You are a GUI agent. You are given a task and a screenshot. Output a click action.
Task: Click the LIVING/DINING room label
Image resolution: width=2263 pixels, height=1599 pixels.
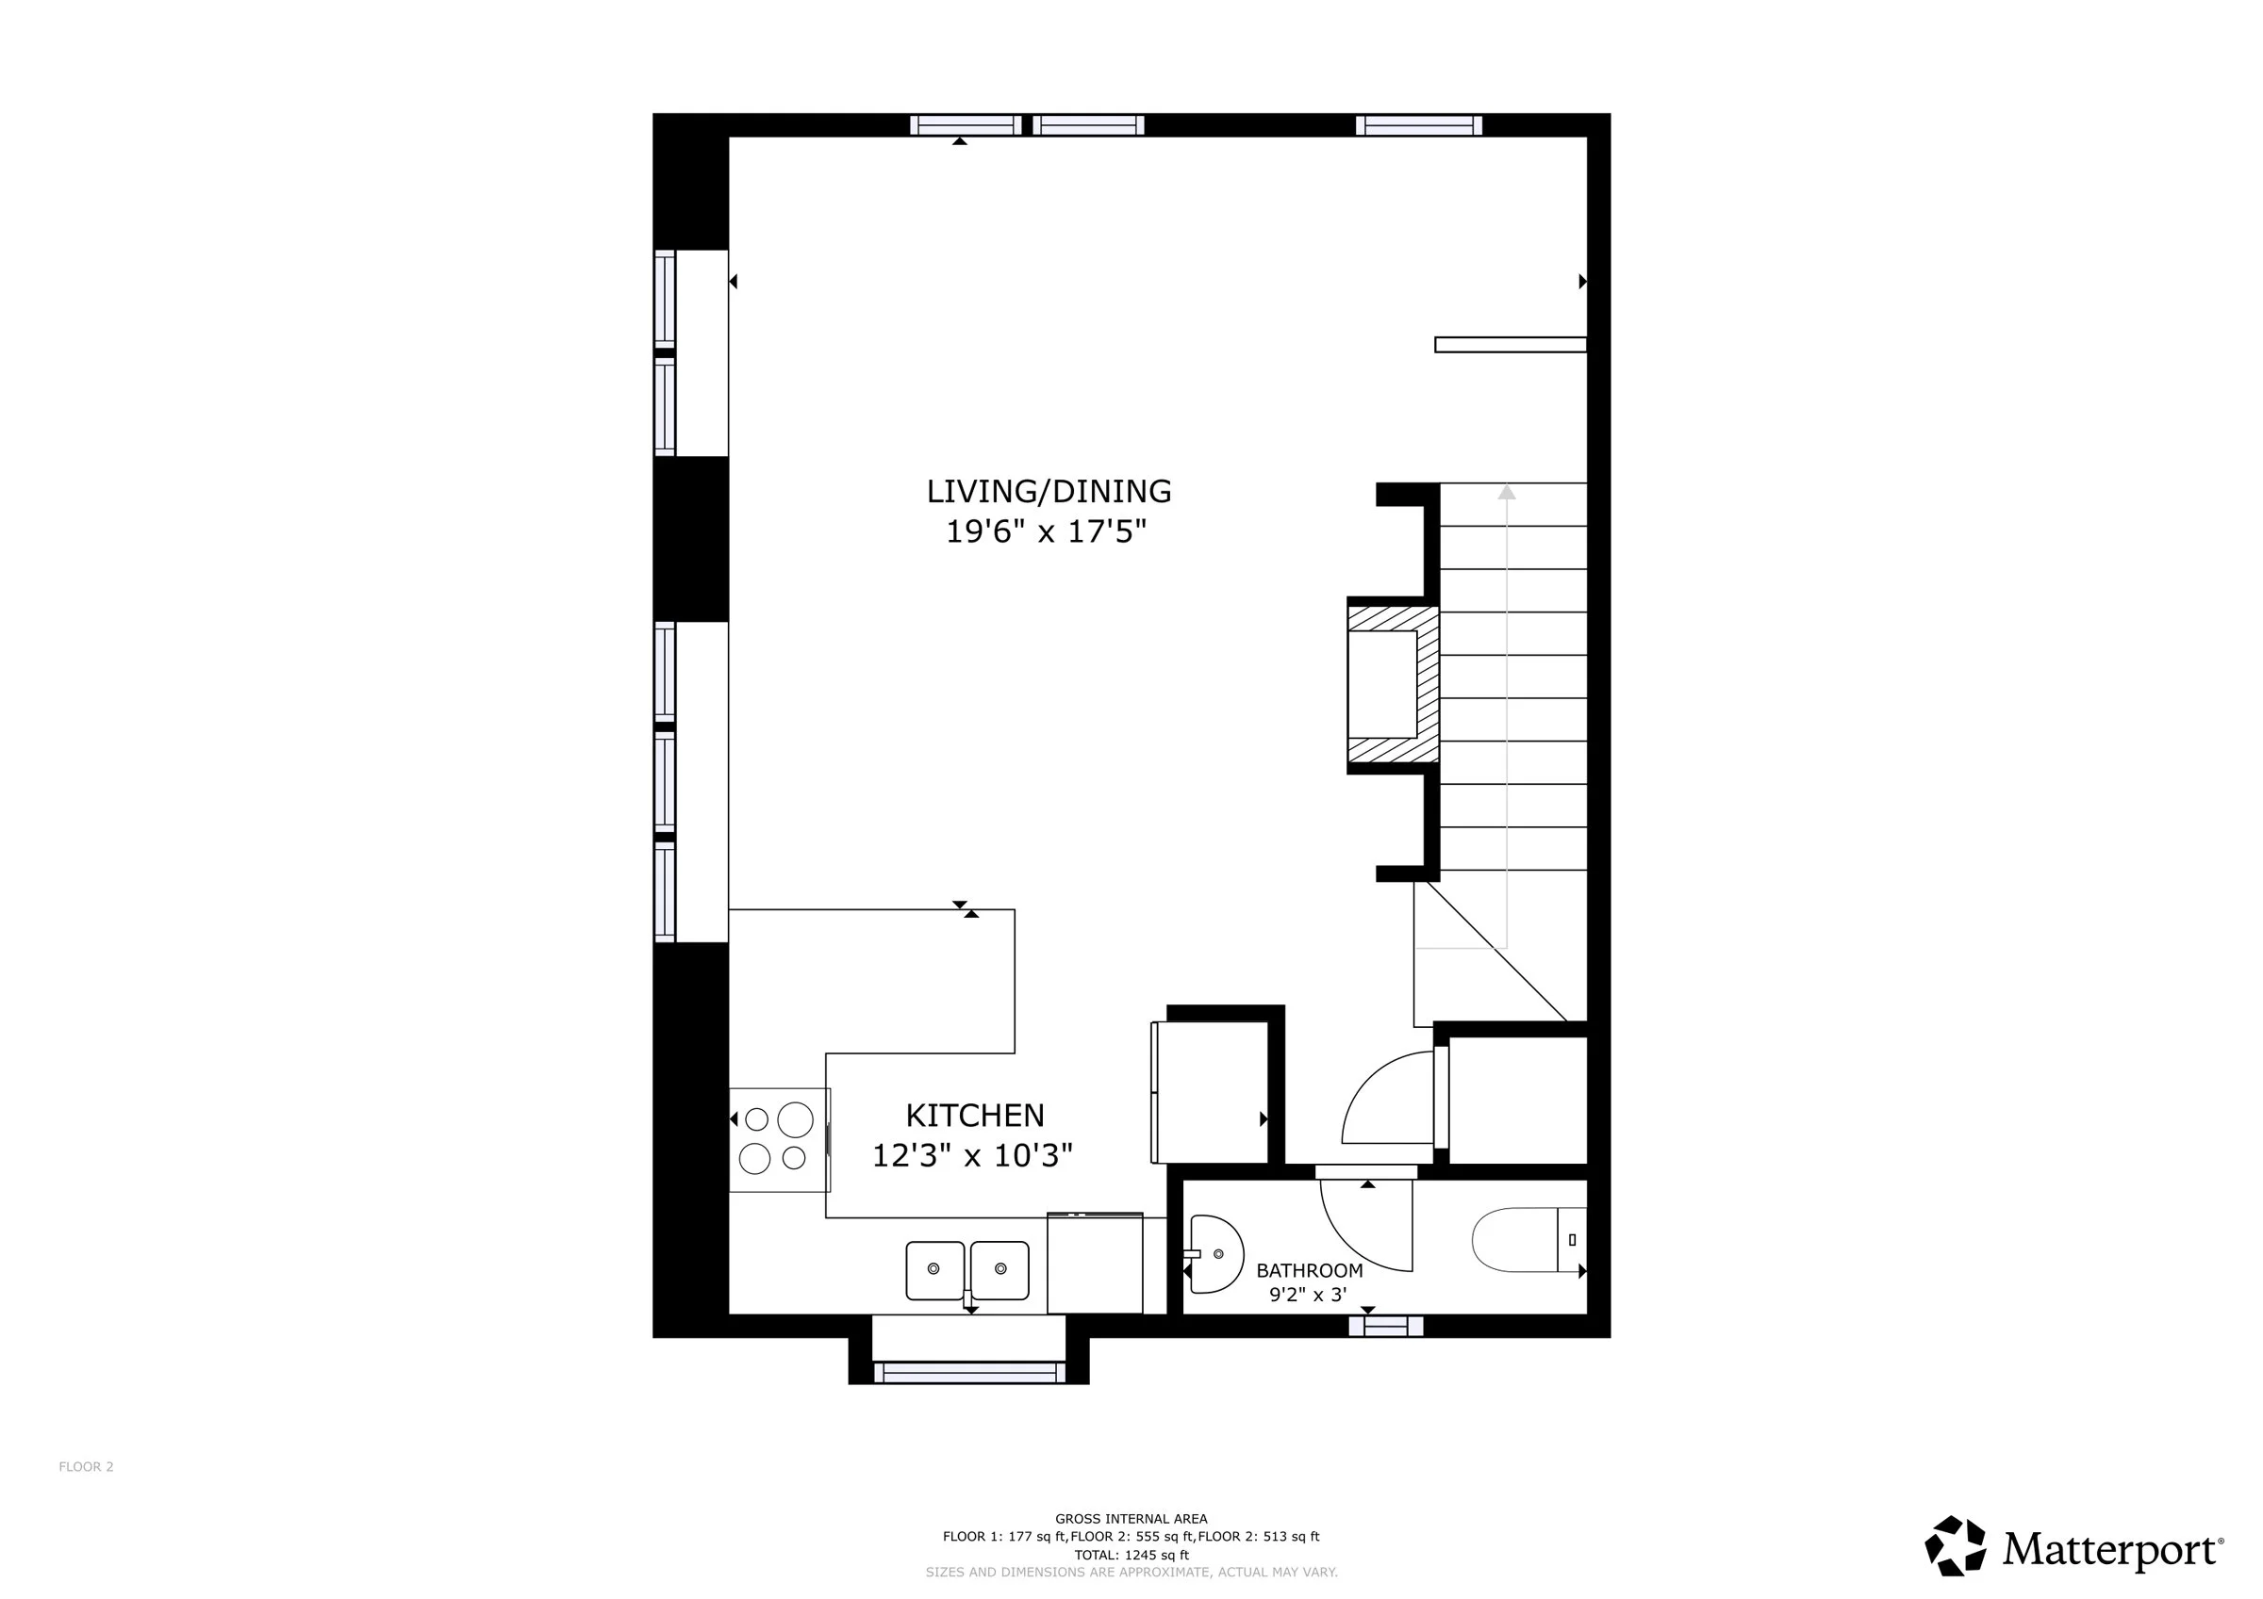[x=1049, y=492]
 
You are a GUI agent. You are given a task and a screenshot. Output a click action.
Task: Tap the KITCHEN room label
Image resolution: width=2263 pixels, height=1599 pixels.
[x=975, y=1116]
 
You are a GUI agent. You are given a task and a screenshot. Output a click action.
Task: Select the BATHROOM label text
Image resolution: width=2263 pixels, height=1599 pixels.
[x=1309, y=1271]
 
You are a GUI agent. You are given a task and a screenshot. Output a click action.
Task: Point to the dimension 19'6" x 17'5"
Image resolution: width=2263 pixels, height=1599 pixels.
[x=1047, y=532]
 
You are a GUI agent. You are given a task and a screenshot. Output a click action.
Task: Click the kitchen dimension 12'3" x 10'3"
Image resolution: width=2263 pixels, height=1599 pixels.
[x=973, y=1154]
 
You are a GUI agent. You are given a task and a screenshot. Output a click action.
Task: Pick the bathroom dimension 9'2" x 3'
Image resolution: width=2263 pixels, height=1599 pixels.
[x=1308, y=1295]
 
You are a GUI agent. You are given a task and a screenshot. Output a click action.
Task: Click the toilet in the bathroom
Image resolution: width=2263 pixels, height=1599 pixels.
[x=1528, y=1239]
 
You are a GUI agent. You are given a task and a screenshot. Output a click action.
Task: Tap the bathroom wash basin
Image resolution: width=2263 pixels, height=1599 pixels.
[x=1216, y=1254]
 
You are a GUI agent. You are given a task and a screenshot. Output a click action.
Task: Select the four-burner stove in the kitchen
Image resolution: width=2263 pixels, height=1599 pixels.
[x=779, y=1140]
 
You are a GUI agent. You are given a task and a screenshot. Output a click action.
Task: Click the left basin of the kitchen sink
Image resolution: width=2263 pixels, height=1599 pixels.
[x=935, y=1270]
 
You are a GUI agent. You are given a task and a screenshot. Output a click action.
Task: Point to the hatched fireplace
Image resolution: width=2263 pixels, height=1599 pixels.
[x=1394, y=685]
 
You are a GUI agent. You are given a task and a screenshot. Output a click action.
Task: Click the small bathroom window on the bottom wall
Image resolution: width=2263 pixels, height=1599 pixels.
[x=1386, y=1326]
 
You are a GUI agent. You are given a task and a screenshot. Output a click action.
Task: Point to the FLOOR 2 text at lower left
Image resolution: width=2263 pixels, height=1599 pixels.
[x=86, y=1467]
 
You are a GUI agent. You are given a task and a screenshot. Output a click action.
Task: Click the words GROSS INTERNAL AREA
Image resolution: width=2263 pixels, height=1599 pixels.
[x=1131, y=1519]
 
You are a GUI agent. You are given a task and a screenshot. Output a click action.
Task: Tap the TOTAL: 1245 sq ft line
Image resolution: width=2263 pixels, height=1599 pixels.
[x=1131, y=1555]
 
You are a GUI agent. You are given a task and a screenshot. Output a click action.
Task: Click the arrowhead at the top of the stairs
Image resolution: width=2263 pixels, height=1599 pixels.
[x=1507, y=492]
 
